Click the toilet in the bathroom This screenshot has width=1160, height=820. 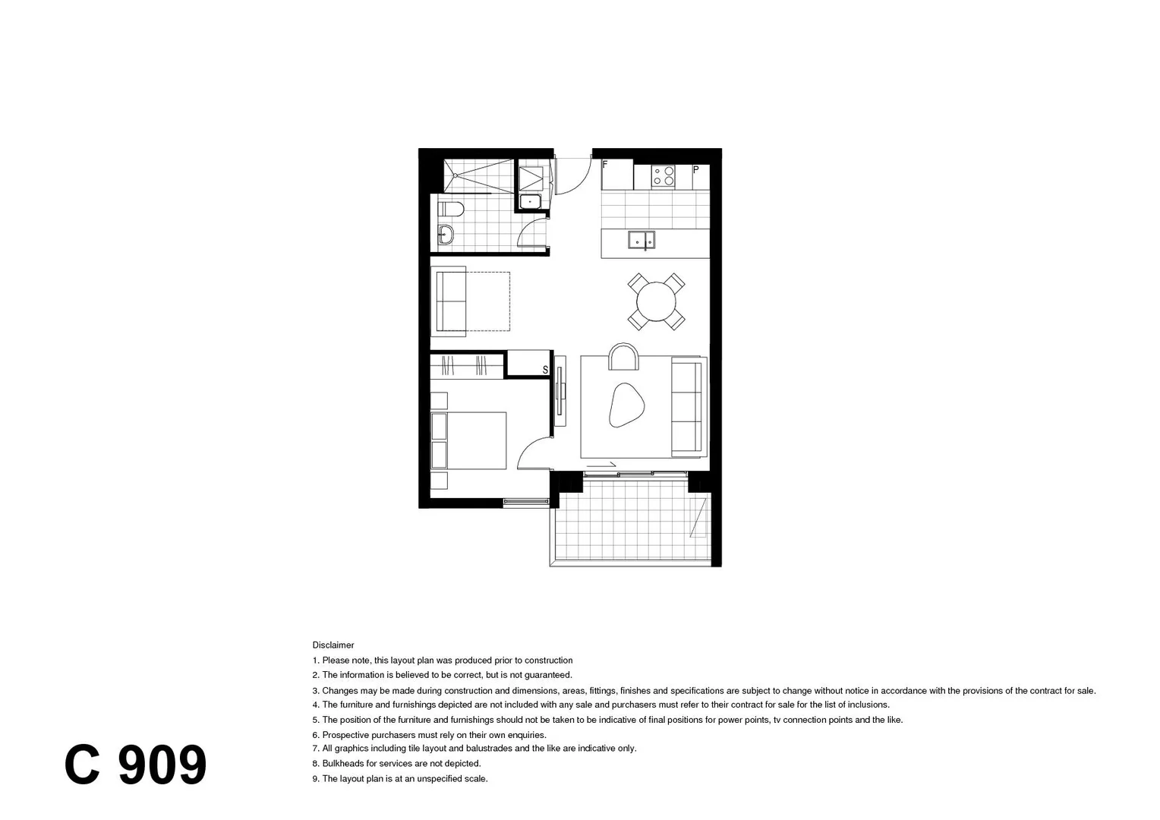pyautogui.click(x=451, y=209)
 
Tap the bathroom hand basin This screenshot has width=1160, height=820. pyautogui.click(x=446, y=235)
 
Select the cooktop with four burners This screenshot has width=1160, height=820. pyautogui.click(x=664, y=176)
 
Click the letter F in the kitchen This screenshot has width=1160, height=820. pyautogui.click(x=605, y=164)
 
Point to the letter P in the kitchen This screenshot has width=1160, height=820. pyautogui.click(x=695, y=170)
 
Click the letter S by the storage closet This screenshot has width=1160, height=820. pyautogui.click(x=544, y=370)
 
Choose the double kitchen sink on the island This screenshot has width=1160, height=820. pyautogui.click(x=641, y=241)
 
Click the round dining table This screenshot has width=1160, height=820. pyautogui.click(x=656, y=301)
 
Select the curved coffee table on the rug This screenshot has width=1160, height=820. pyautogui.click(x=626, y=405)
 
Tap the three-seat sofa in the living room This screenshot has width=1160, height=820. pyautogui.click(x=688, y=407)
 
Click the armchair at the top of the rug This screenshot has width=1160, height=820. pyautogui.click(x=623, y=356)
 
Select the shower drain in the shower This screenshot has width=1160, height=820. pyautogui.click(x=454, y=175)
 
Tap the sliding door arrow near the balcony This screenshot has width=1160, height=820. pyautogui.click(x=601, y=464)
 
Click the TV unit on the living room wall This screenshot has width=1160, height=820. pyautogui.click(x=560, y=390)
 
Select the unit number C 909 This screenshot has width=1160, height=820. pyautogui.click(x=135, y=765)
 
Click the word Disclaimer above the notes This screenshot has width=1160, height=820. pyautogui.click(x=333, y=645)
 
